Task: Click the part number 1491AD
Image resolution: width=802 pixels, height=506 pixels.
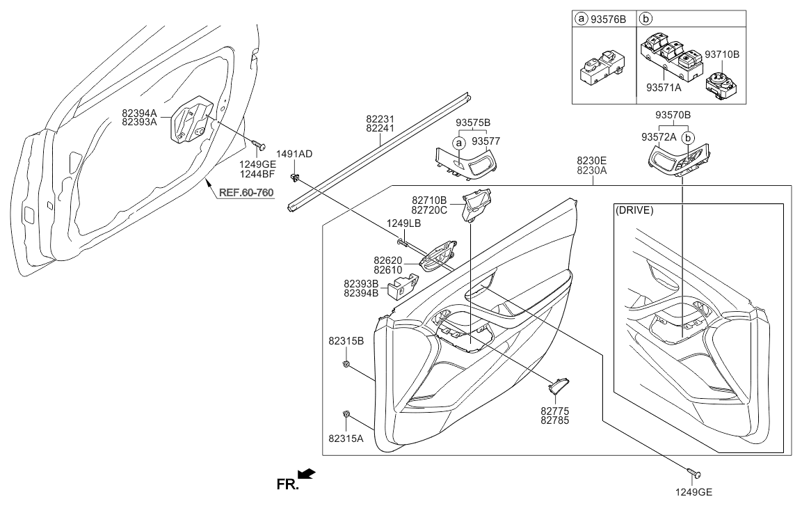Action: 294,154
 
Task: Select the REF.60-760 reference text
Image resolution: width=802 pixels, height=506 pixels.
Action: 246,193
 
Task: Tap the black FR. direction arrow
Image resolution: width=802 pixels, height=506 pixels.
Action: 307,474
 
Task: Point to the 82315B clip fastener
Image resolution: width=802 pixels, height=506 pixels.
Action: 346,364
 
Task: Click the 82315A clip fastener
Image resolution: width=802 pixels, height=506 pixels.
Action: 346,413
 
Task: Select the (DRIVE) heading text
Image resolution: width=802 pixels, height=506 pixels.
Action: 635,210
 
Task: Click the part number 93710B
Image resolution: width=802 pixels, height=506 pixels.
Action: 722,54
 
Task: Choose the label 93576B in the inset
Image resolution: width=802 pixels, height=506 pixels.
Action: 608,19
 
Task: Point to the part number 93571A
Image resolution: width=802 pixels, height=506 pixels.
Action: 664,88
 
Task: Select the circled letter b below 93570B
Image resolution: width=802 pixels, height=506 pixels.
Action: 689,138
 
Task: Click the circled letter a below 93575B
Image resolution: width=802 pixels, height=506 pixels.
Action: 459,143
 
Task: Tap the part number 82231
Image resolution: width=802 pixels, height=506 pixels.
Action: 380,119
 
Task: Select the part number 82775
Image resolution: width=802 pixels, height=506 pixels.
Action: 554,411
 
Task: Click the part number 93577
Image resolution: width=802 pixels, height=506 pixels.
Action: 486,141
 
